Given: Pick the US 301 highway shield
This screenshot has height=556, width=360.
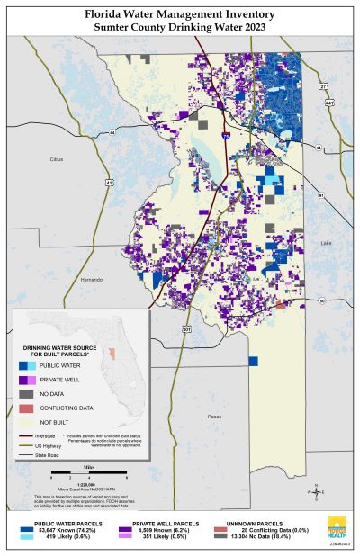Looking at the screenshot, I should point(186,329).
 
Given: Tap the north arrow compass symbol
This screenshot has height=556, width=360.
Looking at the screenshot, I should point(315,492).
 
